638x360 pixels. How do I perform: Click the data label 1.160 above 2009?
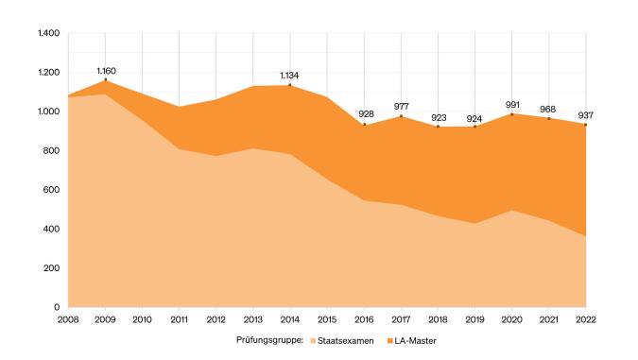coord(106,71)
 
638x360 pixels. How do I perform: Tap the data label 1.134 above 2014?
coord(290,76)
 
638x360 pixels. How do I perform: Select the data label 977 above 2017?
coord(402,106)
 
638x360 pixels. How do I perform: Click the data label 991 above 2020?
coord(512,104)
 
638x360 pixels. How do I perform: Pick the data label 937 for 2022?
coord(585,115)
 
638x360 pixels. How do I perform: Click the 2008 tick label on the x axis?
coord(69,320)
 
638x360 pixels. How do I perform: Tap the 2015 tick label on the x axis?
coord(327,320)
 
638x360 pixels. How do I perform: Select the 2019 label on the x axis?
coord(474,320)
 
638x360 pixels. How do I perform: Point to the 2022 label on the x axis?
coord(585,320)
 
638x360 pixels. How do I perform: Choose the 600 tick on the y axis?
coord(52,190)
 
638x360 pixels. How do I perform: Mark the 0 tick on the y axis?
coord(57,307)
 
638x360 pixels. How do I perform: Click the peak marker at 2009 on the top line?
coord(106,80)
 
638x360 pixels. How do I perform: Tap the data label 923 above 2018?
coord(439,117)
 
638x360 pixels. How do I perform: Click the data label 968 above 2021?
coord(549,109)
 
